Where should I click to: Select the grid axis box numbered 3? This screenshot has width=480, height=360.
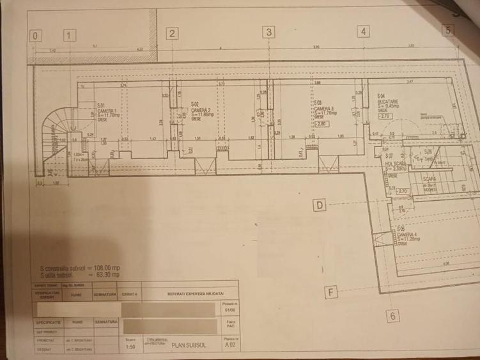point(269,32)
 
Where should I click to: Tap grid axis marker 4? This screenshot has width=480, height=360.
point(363,31)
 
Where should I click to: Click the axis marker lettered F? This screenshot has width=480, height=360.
point(330,293)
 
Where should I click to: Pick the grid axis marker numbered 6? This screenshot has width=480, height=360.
point(393,315)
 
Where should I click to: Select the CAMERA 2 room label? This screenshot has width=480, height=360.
point(201,111)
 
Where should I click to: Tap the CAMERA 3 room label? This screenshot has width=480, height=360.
point(323,109)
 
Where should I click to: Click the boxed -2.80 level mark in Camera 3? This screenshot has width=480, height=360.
point(321,124)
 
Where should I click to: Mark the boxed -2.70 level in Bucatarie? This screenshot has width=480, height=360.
point(385,117)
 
